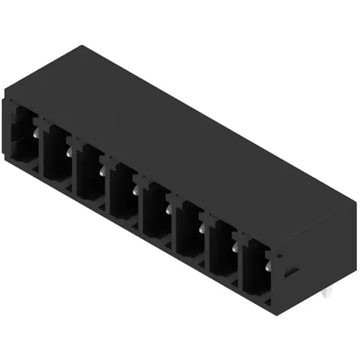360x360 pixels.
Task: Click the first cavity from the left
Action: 23,136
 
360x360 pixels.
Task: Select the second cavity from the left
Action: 56,153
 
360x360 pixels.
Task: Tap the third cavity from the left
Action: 90,170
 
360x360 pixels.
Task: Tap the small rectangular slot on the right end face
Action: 292,272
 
